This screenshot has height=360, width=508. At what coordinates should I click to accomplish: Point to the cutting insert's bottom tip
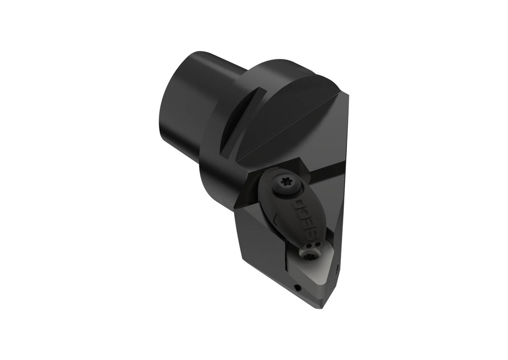[x=322, y=307]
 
